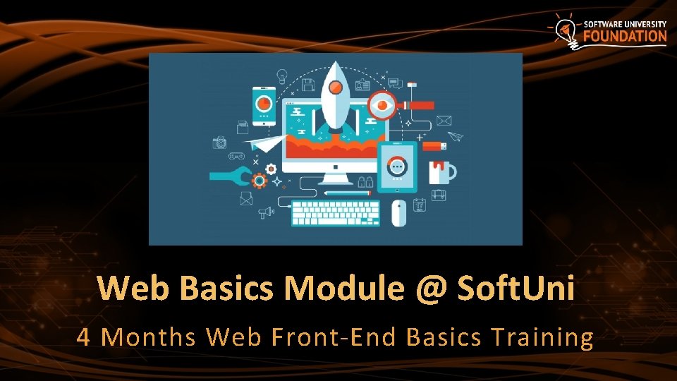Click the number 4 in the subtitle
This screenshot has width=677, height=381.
pos(83,337)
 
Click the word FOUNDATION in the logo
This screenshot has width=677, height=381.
pos(624,36)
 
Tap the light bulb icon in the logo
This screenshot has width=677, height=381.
pos(563,30)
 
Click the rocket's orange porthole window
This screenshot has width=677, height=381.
pos(336,87)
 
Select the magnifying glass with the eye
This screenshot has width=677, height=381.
pos(383,105)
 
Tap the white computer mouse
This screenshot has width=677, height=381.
pos(399,212)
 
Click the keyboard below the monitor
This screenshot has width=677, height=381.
pos(336,212)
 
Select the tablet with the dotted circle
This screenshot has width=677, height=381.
pos(398,167)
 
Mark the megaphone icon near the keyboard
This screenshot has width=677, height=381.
pos(265,212)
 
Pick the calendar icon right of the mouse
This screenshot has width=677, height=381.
pos(420,205)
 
